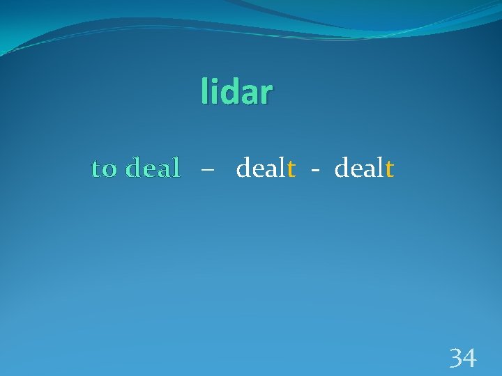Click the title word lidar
237,93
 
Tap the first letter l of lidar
204,91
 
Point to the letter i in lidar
212,91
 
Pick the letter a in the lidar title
246,95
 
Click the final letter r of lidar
265,95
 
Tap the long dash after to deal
207,170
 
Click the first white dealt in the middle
266,168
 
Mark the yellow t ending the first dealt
291,169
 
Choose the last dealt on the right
365,168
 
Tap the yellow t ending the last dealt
390,169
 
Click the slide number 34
463,359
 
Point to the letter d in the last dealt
342,168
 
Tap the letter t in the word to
97,169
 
